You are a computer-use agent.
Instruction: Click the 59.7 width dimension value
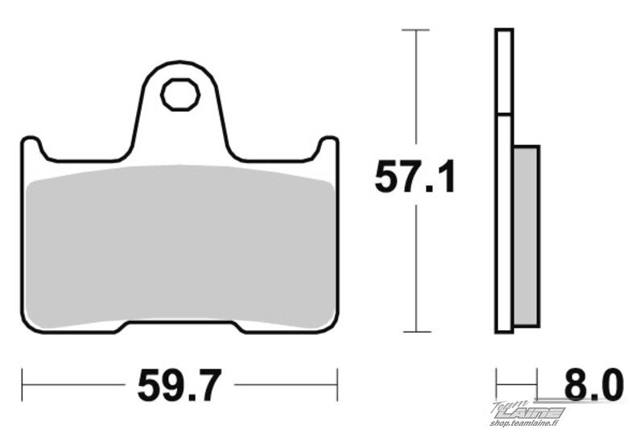coord(180,385)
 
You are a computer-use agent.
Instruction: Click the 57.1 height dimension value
coord(415,176)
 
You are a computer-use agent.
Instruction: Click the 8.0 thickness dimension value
coord(594,385)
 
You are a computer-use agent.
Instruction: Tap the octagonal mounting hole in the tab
coord(180,94)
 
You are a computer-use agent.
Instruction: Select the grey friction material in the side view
coord(526,236)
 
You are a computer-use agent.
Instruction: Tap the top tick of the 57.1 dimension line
coord(415,30)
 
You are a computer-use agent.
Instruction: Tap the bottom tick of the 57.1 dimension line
coord(417,332)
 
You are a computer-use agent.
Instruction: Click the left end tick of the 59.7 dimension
coord(23,385)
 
